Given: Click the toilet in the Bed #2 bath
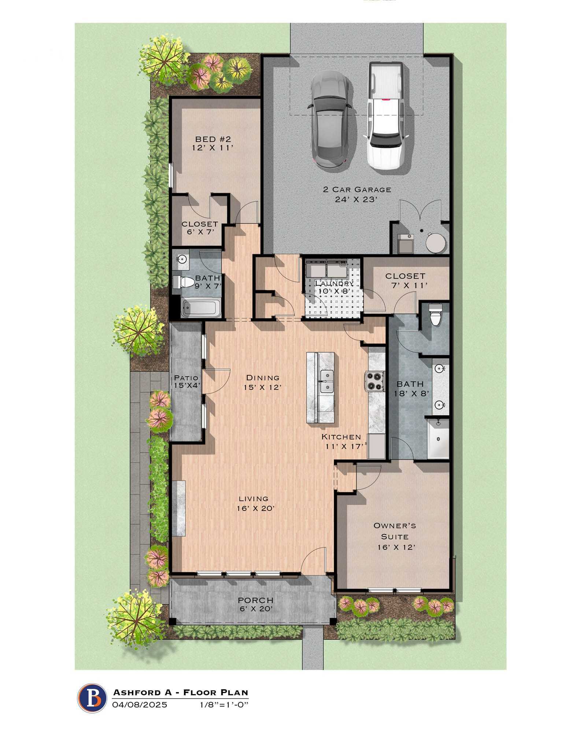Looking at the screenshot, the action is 184,281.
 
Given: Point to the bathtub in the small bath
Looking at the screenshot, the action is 201,309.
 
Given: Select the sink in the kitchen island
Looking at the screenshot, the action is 327,381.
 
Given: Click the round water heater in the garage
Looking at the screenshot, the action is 435,242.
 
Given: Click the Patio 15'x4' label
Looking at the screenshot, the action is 186,382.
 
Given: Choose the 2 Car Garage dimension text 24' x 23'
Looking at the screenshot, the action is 356,200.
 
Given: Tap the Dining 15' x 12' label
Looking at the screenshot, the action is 262,382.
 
